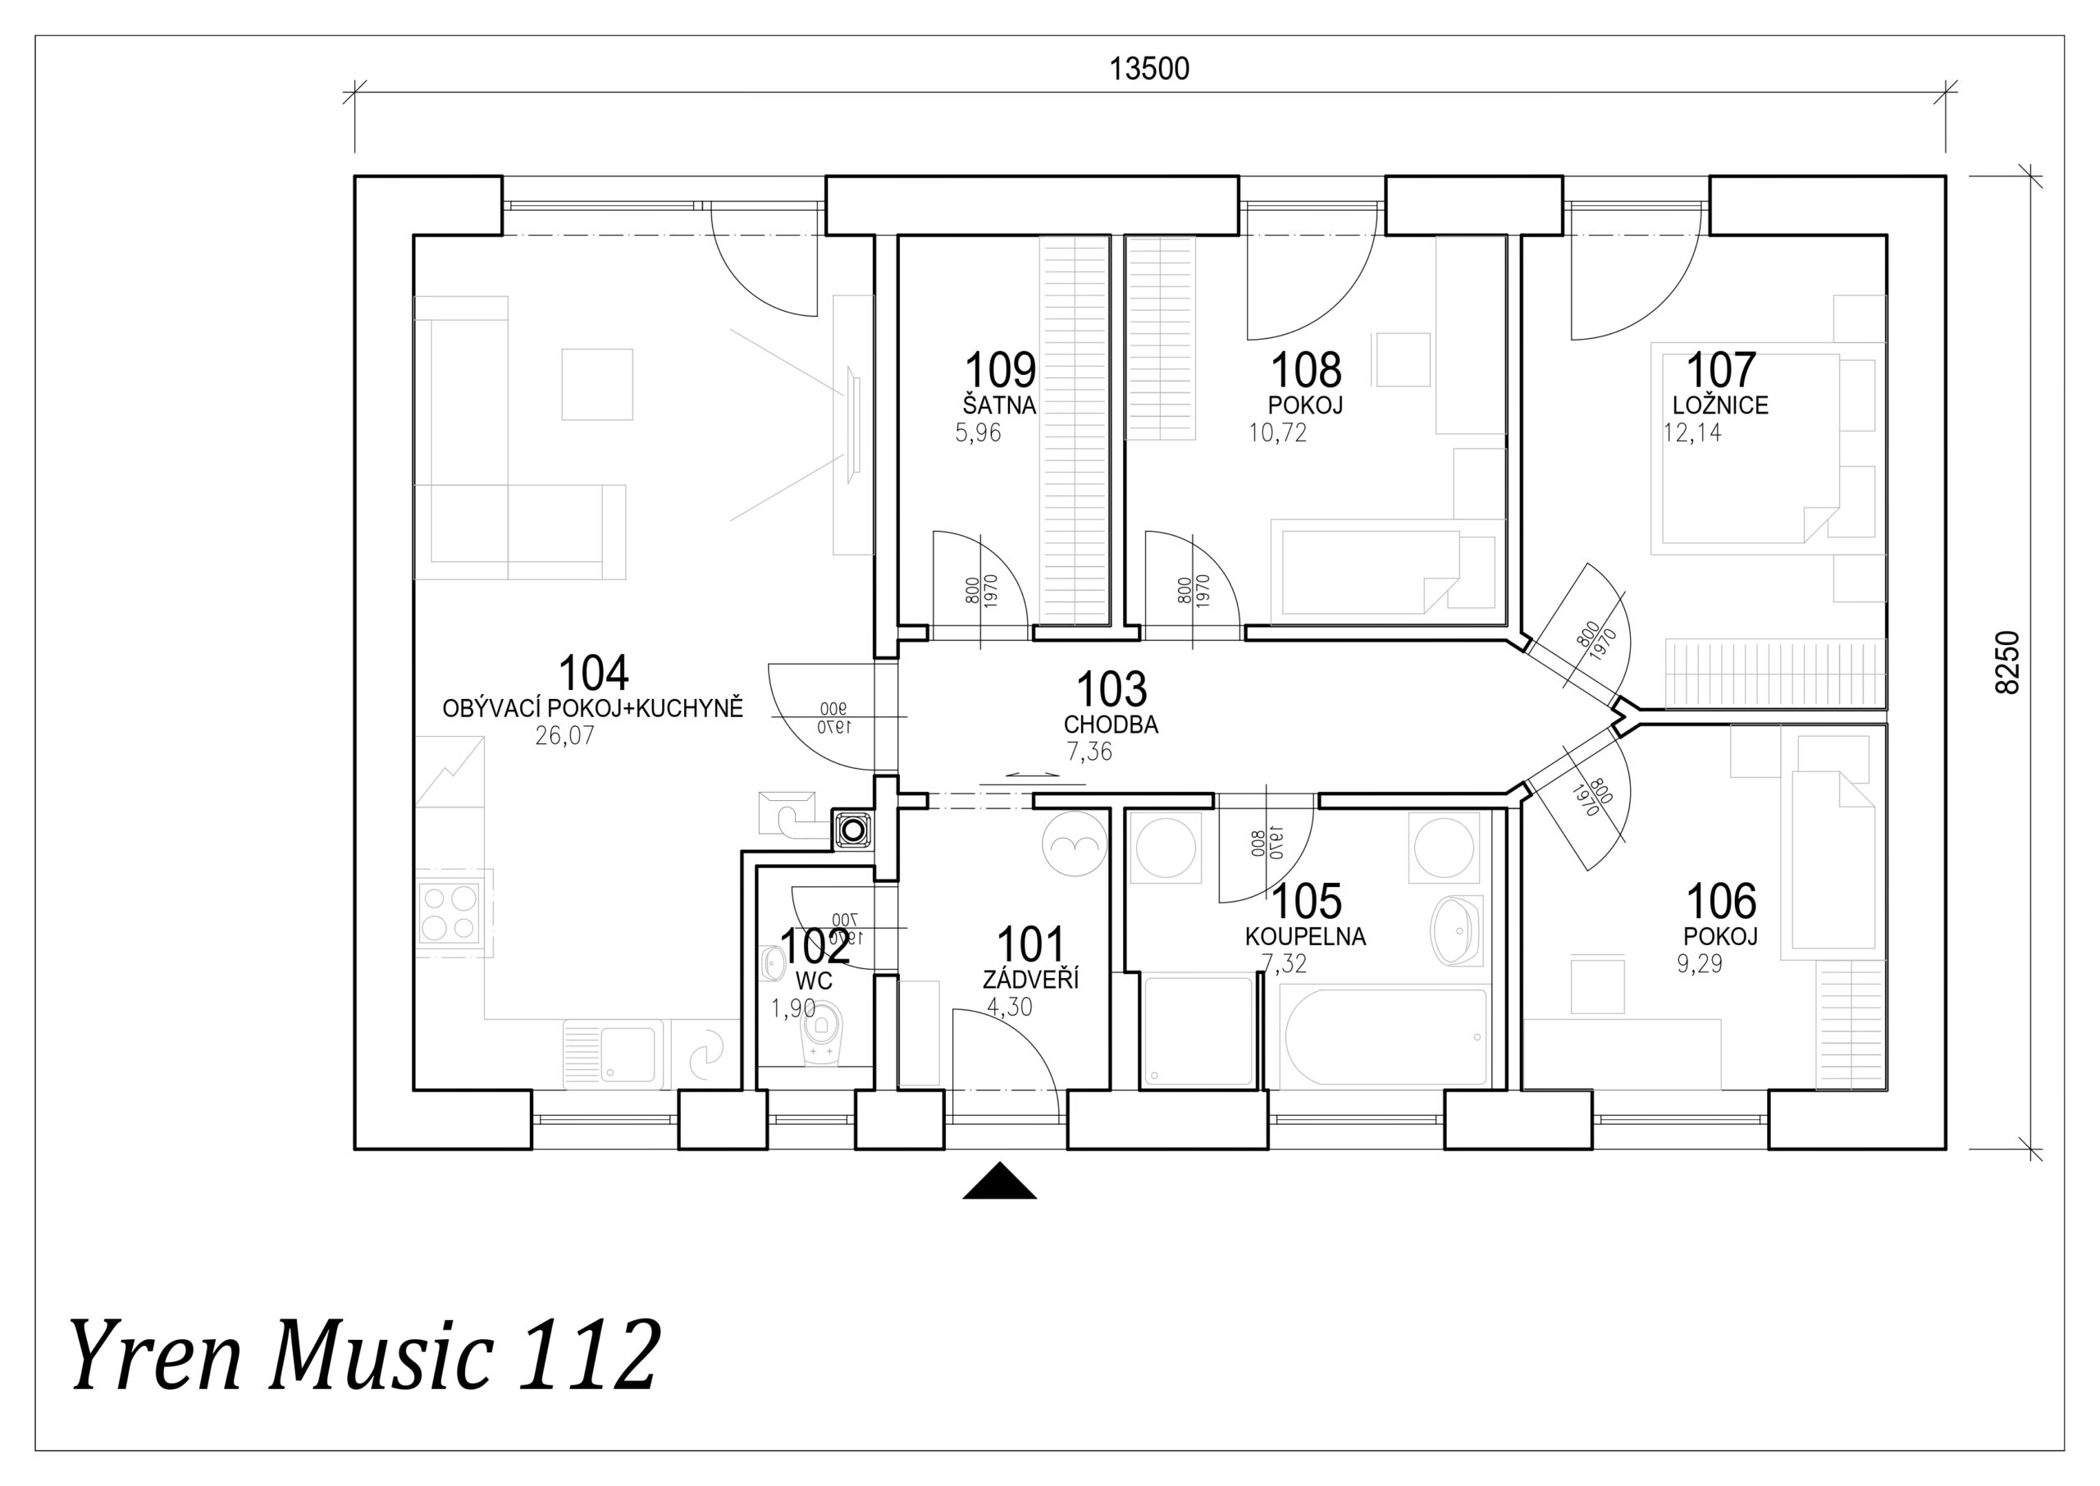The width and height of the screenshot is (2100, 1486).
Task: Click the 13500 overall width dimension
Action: click(1150, 70)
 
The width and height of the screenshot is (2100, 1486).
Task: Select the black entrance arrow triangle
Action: click(1000, 1181)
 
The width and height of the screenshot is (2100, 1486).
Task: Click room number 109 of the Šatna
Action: click(1001, 371)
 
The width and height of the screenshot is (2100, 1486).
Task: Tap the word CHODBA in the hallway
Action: click(1111, 725)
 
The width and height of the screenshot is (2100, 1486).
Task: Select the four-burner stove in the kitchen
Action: click(449, 912)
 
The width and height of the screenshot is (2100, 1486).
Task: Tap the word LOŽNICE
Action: click(1720, 405)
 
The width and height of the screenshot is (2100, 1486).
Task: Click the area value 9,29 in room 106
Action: click(1700, 963)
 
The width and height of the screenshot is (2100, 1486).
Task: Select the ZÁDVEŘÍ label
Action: click(1031, 979)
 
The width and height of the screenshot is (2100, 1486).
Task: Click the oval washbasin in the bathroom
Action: click(1456, 930)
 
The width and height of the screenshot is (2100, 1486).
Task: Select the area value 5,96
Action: click(978, 432)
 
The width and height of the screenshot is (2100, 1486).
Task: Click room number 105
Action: click(1306, 901)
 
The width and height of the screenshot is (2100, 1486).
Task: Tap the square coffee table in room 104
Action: click(597, 384)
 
